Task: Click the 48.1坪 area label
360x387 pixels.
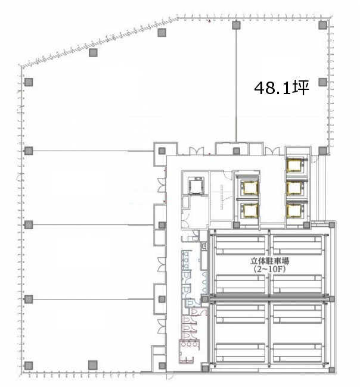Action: point(282,88)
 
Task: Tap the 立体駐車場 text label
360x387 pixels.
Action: point(269,261)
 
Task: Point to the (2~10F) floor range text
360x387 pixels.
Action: point(269,269)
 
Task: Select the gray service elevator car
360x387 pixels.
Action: point(196,185)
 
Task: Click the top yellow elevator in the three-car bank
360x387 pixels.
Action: point(294,165)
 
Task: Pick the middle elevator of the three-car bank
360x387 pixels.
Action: point(294,188)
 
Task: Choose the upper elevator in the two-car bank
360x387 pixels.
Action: point(251,188)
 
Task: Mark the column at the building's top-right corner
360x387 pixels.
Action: point(322,25)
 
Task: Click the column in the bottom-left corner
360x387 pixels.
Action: point(29,366)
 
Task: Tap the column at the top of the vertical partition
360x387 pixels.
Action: point(236,25)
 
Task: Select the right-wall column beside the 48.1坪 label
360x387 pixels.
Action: point(322,82)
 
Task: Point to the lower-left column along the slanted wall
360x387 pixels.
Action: point(93,52)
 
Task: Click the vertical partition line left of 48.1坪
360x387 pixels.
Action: point(236,86)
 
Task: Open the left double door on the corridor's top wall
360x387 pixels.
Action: point(197,151)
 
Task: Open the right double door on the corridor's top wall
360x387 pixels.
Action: point(272,151)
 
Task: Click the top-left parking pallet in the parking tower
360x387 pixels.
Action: point(240,245)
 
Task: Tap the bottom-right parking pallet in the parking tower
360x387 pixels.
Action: point(297,353)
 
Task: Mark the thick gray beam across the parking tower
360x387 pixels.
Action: point(269,296)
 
